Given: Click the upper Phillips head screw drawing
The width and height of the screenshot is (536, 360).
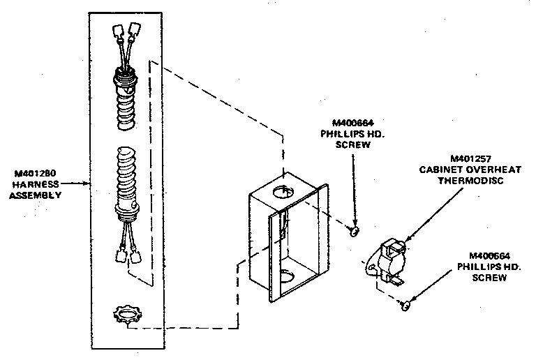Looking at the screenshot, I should pos(355,230).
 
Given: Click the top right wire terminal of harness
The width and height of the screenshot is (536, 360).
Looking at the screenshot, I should pos(136,29).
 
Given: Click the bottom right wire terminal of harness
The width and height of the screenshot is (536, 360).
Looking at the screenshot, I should pos(134,257).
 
